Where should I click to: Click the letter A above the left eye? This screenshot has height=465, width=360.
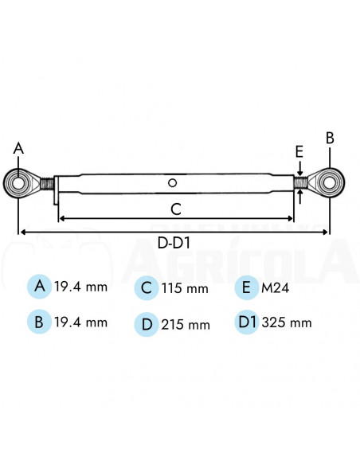tap(19, 148)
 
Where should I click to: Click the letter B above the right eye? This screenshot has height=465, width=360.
tap(330, 137)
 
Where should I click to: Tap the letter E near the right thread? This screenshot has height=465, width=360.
tap(299, 151)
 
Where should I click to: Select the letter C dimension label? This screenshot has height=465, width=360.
tap(177, 209)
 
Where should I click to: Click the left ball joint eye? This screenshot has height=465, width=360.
tap(18, 183)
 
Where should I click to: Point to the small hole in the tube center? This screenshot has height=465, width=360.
tap(172, 183)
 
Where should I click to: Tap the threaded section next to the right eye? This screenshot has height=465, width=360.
tap(300, 183)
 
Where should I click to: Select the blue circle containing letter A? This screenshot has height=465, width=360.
tap(37, 286)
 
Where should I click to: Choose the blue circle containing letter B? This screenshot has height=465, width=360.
tap(37, 322)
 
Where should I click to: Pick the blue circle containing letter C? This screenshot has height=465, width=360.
tap(146, 287)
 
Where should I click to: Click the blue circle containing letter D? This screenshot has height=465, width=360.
tap(146, 323)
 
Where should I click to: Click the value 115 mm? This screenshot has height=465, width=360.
tap(186, 288)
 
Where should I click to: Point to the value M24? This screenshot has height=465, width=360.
tap(276, 287)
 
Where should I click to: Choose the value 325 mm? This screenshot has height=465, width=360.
tap(286, 322)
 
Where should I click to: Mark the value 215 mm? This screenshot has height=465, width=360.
tap(186, 324)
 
